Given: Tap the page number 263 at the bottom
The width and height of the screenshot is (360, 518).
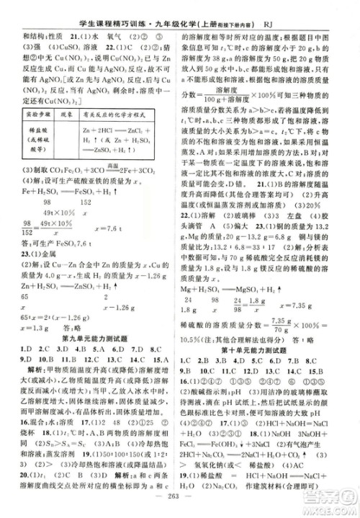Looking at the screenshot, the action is click(x=180, y=501).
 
